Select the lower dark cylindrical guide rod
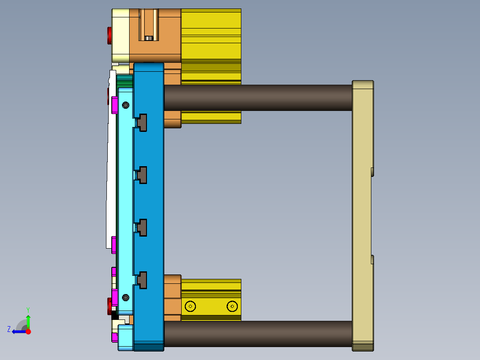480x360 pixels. coord(258,334)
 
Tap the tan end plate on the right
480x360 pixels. coord(362,214)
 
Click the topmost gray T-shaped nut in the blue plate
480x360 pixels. coord(142,123)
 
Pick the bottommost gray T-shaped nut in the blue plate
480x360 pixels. coord(142,280)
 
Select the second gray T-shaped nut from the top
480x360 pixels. coord(142,175)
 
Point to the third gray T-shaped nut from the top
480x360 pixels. coord(142,227)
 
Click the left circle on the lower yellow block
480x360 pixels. coord(191,306)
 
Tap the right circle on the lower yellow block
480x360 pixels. coord(232,306)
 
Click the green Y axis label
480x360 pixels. coord(28,309)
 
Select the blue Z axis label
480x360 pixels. coord(9,329)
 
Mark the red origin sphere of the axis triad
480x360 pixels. coord(28,331)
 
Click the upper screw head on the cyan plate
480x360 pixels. coord(126,105)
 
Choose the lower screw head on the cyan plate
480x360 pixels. coord(126,297)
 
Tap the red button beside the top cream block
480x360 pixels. coord(110,36)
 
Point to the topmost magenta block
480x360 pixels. coord(114,105)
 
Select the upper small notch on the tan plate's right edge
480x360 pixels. coord(372,172)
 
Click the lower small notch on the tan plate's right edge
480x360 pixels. coord(372,259)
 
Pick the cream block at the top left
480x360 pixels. coord(120,36)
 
